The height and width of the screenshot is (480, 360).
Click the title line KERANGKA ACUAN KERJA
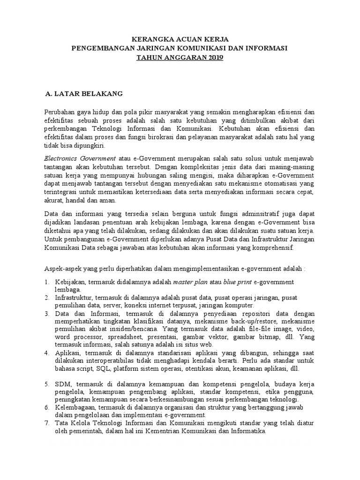tap(179, 40)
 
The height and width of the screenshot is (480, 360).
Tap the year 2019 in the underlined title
tap(216, 58)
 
